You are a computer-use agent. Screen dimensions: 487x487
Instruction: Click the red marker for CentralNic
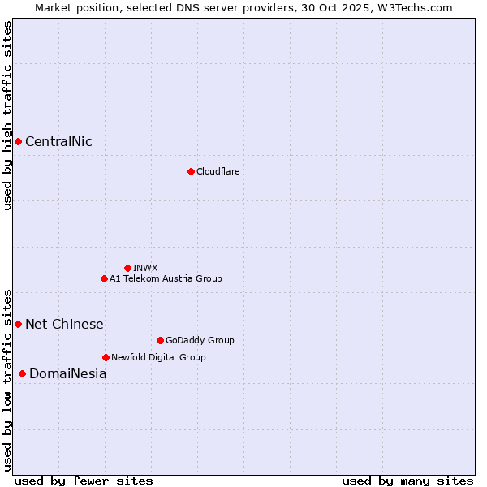point(18,142)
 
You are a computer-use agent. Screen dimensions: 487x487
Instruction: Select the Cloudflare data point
point(191,171)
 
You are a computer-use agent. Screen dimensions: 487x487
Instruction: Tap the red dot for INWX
point(127,268)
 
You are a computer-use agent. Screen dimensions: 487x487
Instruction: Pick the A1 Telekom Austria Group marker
point(104,279)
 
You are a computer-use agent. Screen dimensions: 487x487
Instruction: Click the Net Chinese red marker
point(18,325)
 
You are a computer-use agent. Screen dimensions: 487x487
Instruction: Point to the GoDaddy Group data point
point(160,341)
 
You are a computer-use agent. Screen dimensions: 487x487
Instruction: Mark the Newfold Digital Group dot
point(106,357)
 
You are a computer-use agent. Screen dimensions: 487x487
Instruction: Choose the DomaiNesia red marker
point(22,374)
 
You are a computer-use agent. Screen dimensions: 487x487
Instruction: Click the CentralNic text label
point(58,142)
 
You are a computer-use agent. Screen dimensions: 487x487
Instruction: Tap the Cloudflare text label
point(218,171)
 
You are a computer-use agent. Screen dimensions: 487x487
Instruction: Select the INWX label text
point(145,268)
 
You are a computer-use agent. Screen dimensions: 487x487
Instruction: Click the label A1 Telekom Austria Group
point(166,279)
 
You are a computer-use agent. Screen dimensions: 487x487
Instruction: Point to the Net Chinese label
point(64,325)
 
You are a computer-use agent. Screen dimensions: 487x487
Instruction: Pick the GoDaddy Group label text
point(200,341)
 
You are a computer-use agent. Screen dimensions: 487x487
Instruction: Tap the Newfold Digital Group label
point(158,357)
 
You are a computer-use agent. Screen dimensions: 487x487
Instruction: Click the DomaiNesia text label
point(67,374)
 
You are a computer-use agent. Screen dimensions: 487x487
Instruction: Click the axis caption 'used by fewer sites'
point(84,481)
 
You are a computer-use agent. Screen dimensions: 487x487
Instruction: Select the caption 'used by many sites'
point(407,481)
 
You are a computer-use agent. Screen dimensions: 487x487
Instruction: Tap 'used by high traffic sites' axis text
point(7,115)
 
